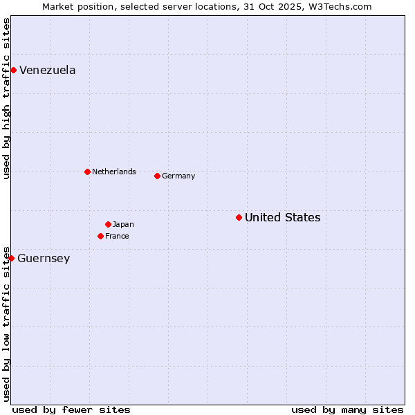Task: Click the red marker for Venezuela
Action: coord(13,70)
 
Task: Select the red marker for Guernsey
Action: coord(11,258)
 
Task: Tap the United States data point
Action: coord(239,217)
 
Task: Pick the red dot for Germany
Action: coord(157,176)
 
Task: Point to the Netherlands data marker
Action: coord(87,172)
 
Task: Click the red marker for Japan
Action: coord(108,224)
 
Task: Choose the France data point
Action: coord(100,236)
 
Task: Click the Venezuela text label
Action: coord(47,70)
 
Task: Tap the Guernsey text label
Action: coord(44,259)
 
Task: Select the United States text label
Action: coord(282,218)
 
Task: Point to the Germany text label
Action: coord(178,176)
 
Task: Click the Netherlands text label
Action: coord(114,172)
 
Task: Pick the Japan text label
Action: coord(123,224)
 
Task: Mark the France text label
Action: coord(117,237)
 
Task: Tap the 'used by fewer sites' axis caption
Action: coord(71,409)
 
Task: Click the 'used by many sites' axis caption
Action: coord(347,409)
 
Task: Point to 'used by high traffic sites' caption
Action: coord(6,98)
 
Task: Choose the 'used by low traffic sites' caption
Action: coord(6,323)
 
